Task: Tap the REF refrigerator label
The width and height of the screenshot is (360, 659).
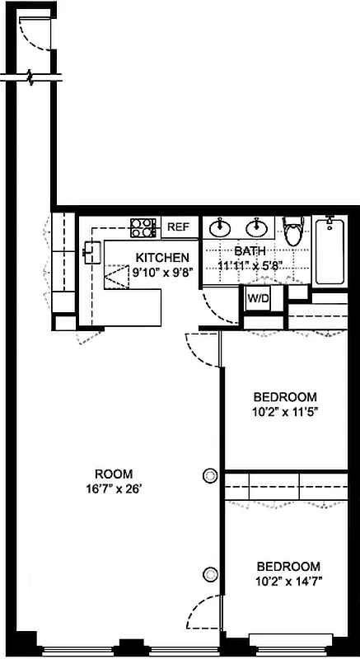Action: coord(178,227)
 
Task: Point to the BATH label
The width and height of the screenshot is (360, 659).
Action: coord(249,251)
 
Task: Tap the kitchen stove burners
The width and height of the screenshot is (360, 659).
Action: coord(143,227)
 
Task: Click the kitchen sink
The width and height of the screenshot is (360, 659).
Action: coord(91,251)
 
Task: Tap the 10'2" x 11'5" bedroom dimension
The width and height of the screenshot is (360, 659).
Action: coord(284,409)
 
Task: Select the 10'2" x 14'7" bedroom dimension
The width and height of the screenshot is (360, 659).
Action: coord(288,582)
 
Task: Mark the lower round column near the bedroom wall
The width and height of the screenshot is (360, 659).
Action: coord(211,575)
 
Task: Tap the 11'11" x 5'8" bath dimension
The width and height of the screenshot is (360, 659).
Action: coord(250,265)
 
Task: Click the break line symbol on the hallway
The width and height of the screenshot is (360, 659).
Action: coord(32,79)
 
